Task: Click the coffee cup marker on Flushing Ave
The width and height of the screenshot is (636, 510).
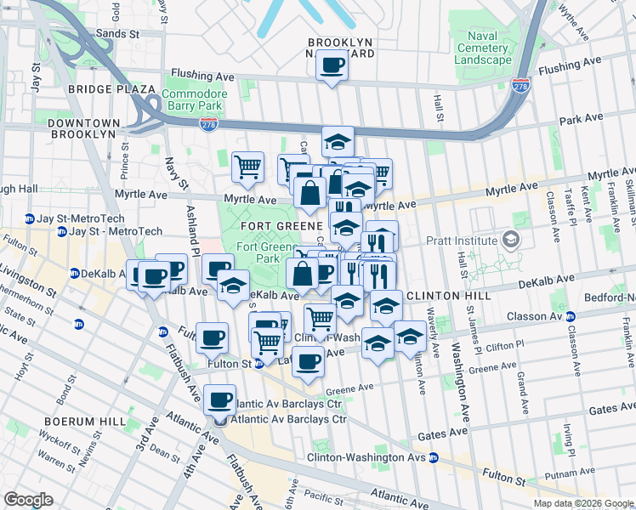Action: click(332, 65)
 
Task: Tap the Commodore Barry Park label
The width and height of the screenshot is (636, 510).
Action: click(195, 99)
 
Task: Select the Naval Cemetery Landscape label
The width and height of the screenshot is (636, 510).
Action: click(482, 48)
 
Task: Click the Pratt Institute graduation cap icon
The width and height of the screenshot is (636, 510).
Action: click(510, 240)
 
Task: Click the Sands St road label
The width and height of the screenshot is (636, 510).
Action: click(117, 34)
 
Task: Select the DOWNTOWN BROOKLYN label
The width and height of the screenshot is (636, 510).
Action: click(82, 128)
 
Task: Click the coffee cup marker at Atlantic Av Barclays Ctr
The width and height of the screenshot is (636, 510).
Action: click(221, 399)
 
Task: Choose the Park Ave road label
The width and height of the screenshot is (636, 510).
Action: click(581, 117)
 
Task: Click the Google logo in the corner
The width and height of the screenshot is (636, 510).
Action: click(28, 500)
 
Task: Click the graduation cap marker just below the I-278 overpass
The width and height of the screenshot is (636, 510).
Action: click(338, 141)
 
